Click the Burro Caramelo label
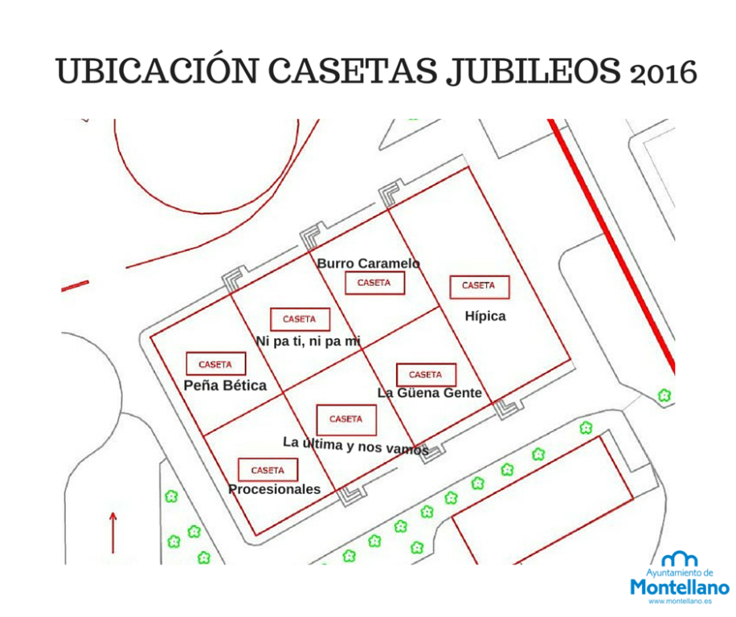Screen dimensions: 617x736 click(368, 264)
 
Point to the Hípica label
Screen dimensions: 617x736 click(485, 317)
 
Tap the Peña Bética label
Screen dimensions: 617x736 click(225, 386)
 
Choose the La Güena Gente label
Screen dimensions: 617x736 click(430, 393)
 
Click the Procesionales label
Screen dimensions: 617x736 click(274, 489)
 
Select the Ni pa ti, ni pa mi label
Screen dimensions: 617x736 click(309, 341)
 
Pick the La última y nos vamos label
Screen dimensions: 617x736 click(355, 445)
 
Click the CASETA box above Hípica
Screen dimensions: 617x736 click(478, 286)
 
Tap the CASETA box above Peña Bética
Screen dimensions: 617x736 click(215, 364)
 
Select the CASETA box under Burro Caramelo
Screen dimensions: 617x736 click(374, 283)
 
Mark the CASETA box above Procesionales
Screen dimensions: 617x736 click(268, 470)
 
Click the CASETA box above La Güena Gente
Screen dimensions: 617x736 click(426, 375)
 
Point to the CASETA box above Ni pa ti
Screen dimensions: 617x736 click(300, 320)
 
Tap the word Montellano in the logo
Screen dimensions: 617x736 click(680, 587)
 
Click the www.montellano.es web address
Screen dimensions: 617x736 click(681, 601)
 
